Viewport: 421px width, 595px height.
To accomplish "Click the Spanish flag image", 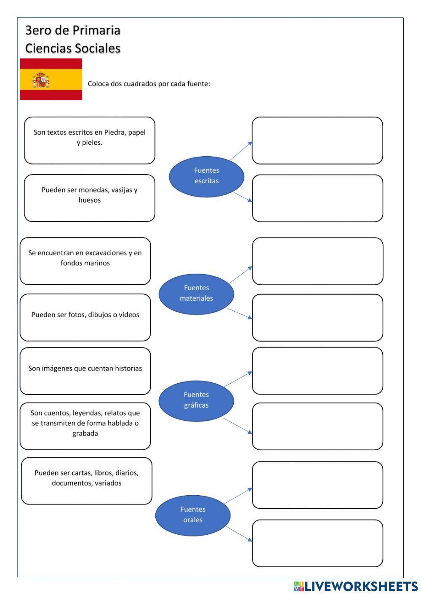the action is pyautogui.click(x=51, y=79).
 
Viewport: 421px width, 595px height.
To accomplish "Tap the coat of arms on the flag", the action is pyautogui.click(x=40, y=80).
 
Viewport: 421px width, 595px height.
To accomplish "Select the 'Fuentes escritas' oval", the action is pyautogui.click(x=206, y=176).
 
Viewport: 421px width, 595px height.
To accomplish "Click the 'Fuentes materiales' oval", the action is pyautogui.click(x=196, y=293).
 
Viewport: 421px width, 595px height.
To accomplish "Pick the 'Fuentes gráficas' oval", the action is pyautogui.click(x=196, y=400).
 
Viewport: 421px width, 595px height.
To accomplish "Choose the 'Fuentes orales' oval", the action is pyautogui.click(x=193, y=515).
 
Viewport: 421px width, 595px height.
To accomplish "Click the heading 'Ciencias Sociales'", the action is pyautogui.click(x=73, y=48).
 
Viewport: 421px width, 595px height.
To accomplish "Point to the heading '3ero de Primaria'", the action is pyautogui.click(x=73, y=30).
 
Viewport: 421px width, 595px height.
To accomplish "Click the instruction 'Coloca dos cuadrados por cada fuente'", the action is pyautogui.click(x=149, y=84).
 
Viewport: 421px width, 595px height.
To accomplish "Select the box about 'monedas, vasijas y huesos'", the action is pyautogui.click(x=90, y=198).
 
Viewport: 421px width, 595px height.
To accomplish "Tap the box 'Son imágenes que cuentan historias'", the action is pyautogui.click(x=85, y=371).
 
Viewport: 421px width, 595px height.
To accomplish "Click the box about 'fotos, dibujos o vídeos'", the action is pyautogui.click(x=85, y=317).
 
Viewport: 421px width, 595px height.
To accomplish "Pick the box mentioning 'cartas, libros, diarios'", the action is pyautogui.click(x=86, y=480).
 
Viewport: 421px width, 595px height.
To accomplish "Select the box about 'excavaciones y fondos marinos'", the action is pyautogui.click(x=85, y=261).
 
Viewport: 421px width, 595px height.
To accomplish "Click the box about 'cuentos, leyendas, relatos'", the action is pyautogui.click(x=85, y=426).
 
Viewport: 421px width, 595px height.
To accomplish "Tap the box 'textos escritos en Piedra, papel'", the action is pyautogui.click(x=90, y=140).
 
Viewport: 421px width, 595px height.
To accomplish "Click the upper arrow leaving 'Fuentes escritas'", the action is pyautogui.click(x=241, y=151).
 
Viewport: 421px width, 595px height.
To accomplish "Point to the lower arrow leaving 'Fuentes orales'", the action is pyautogui.click(x=239, y=534).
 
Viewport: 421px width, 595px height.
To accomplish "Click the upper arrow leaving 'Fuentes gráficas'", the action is pyautogui.click(x=238, y=379).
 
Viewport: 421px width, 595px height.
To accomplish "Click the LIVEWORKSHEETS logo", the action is pyautogui.click(x=356, y=586).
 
